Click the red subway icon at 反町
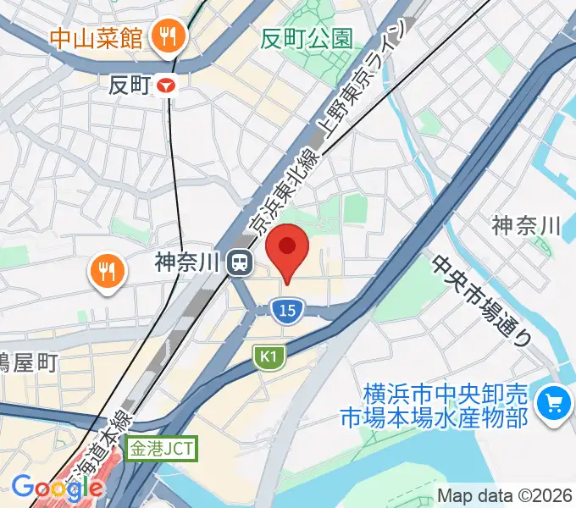coord(171,85)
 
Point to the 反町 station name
coord(130,85)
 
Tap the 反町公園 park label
coord(307,38)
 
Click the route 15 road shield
coord(288,312)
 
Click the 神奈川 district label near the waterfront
coord(527,225)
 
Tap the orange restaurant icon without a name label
coord(106,272)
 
